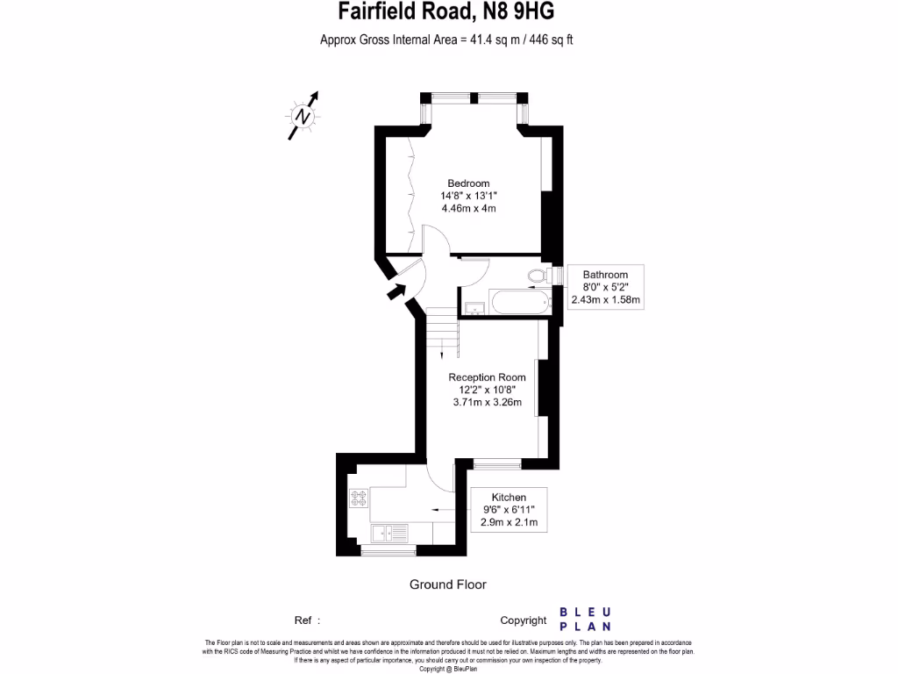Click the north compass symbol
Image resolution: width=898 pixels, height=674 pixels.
click(x=303, y=115)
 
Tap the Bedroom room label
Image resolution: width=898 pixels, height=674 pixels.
click(x=468, y=183)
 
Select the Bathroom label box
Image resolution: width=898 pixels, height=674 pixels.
click(x=605, y=287)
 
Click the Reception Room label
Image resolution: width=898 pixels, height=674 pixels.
click(x=487, y=377)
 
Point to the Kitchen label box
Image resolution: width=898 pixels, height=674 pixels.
click(x=509, y=509)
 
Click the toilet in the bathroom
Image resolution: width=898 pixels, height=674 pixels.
click(x=538, y=277)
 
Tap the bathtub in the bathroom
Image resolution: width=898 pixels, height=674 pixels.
click(x=521, y=305)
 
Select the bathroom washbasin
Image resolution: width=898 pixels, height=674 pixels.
click(x=474, y=308)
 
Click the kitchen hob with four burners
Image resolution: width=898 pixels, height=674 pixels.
click(x=359, y=498)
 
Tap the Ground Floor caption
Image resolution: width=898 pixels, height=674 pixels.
click(x=447, y=584)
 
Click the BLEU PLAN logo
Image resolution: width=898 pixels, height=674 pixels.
click(x=585, y=619)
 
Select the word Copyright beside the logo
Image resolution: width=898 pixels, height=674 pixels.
click(x=524, y=620)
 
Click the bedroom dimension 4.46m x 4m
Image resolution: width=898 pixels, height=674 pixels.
click(x=468, y=209)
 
